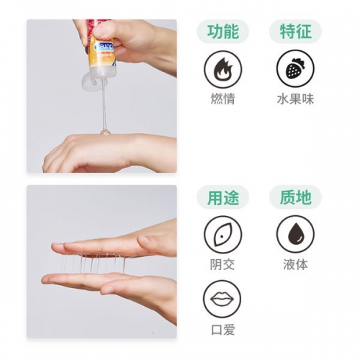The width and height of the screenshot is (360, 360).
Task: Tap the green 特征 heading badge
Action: (294, 32)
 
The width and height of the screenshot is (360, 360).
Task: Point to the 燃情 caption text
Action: (222, 99)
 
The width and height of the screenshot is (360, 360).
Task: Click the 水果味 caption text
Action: (294, 99)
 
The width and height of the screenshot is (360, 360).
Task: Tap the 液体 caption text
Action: (294, 264)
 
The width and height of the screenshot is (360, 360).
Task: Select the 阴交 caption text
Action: (222, 264)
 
